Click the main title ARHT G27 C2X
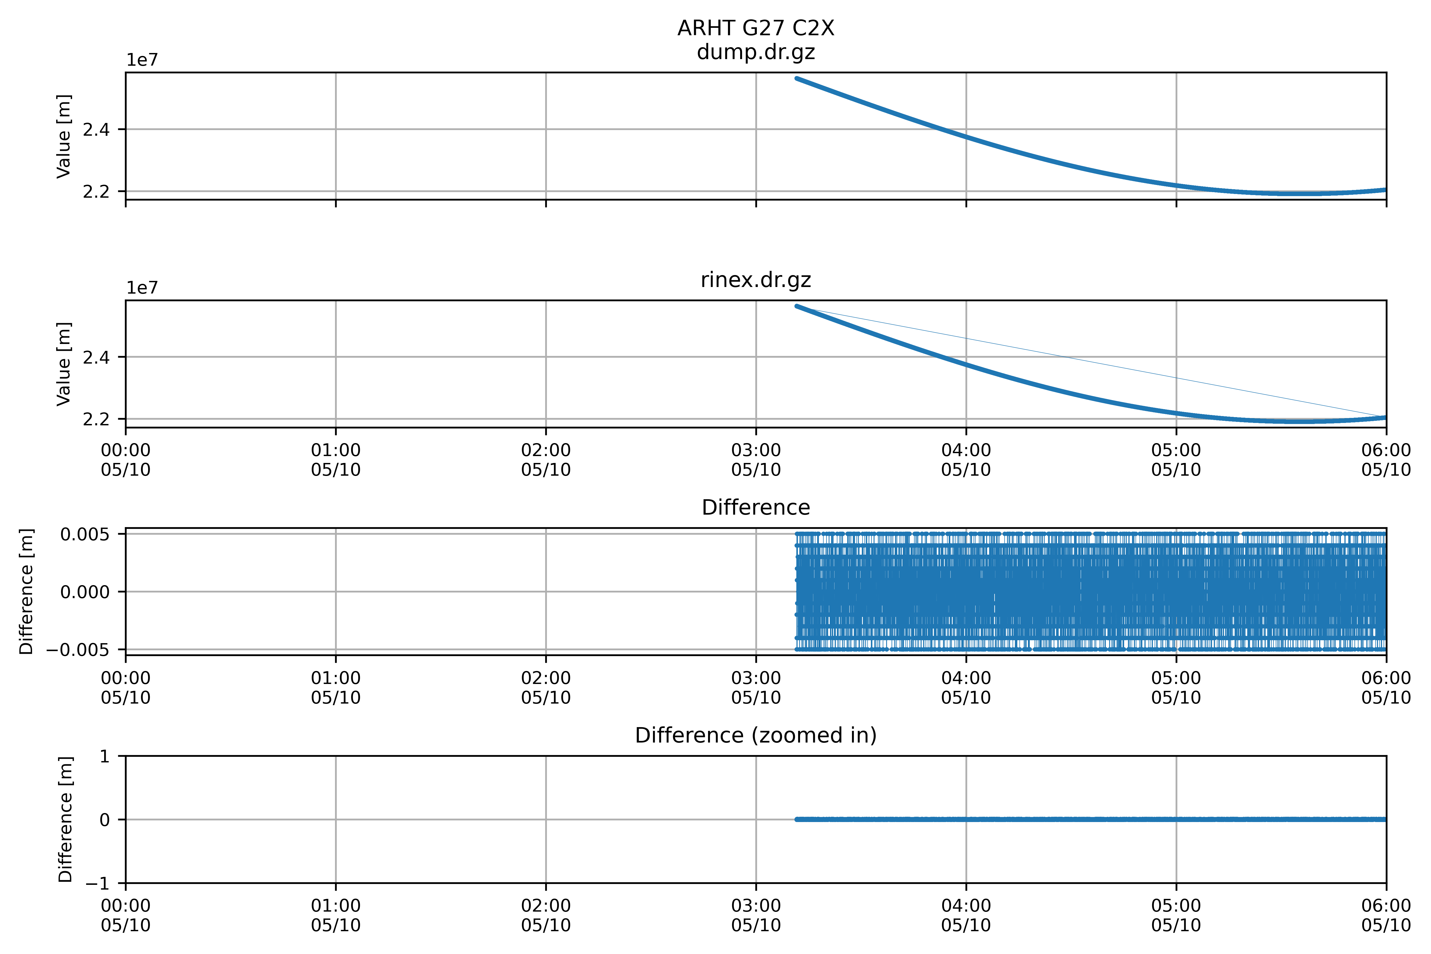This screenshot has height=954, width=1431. (x=756, y=28)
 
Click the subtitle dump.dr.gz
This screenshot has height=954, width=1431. (x=756, y=52)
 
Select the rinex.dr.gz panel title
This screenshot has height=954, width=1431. (x=756, y=280)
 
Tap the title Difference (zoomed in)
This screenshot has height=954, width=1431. (x=756, y=736)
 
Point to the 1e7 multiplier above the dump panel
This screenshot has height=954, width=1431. (x=142, y=60)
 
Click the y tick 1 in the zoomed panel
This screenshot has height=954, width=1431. (x=105, y=756)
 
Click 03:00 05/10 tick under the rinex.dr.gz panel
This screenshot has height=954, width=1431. (x=756, y=460)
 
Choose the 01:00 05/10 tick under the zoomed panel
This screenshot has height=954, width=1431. (x=336, y=915)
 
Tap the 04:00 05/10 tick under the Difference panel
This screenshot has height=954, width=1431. (x=966, y=687)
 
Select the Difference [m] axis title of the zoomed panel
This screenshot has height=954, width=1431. (x=65, y=820)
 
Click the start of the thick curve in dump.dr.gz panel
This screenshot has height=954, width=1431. (x=797, y=78)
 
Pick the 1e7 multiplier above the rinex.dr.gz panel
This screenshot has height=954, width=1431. (x=142, y=288)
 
